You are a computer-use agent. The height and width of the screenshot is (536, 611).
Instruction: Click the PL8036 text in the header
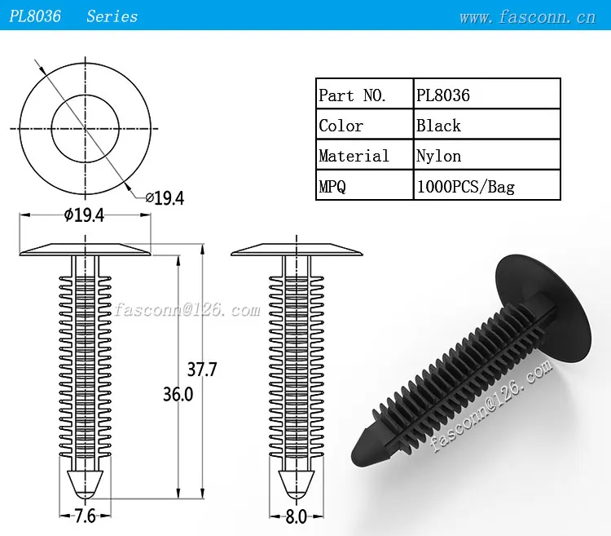(x=35, y=16)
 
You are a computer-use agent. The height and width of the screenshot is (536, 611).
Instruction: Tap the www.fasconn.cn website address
(x=527, y=16)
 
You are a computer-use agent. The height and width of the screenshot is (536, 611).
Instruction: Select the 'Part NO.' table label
(x=353, y=95)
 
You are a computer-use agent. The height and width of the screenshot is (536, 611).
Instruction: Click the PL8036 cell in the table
(x=443, y=95)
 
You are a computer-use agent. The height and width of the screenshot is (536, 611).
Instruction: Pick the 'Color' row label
(x=341, y=126)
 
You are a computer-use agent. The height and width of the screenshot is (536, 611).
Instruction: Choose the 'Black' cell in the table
(x=438, y=126)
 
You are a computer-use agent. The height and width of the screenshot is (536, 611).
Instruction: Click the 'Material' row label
(x=354, y=156)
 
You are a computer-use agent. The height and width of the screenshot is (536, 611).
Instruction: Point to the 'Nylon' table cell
(x=438, y=156)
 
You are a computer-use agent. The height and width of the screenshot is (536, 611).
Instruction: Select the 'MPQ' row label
(x=332, y=187)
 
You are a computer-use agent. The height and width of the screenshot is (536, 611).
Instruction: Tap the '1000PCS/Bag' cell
(x=465, y=187)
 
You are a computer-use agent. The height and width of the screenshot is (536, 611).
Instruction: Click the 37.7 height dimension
(x=202, y=370)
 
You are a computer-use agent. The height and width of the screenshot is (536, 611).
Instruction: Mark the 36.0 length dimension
(x=178, y=394)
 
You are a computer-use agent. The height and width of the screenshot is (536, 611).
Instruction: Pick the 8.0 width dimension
(x=296, y=516)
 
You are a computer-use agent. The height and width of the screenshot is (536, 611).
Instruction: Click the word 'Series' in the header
(x=112, y=16)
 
